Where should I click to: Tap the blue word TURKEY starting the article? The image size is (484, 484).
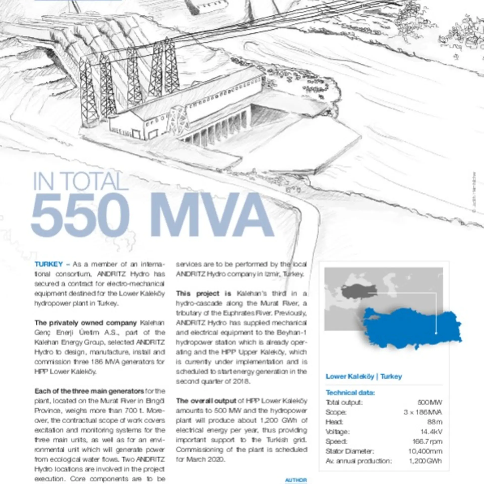[x=49, y=264]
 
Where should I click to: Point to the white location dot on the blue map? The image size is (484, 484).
[x=436, y=333]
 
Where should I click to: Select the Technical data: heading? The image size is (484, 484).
[x=350, y=393]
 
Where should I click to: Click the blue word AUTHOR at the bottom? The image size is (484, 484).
[x=296, y=480]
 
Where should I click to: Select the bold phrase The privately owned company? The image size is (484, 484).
[x=85, y=323]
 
